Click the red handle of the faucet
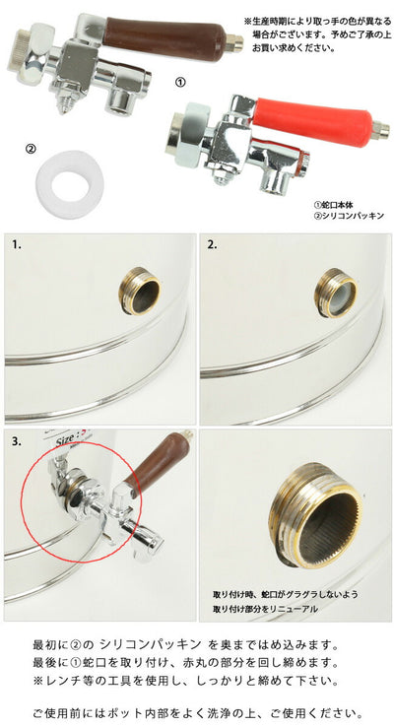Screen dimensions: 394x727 click(313, 121)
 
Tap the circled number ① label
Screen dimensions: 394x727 click(180, 82)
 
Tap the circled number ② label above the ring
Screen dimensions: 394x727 click(31, 149)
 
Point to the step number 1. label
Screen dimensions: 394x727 click(17, 245)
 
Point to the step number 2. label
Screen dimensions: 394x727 click(212, 245)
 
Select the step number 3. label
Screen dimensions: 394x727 click(17, 441)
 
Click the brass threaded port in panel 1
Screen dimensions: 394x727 click(139, 292)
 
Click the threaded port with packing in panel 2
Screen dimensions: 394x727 click(336, 293)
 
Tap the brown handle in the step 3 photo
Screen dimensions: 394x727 click(158, 458)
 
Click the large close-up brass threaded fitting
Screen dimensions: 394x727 click(316, 516)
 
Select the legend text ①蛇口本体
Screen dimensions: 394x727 click(333, 204)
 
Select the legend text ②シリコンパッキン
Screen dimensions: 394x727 click(349, 216)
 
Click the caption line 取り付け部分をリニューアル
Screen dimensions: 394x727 click(266, 609)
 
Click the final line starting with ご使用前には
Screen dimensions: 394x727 click(197, 712)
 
